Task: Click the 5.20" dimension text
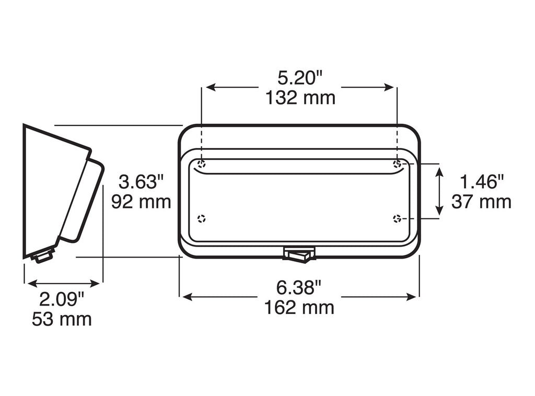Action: click(x=300, y=78)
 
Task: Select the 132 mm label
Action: click(x=300, y=98)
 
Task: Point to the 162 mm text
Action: click(x=299, y=308)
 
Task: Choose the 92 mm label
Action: click(x=141, y=202)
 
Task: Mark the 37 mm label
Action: click(x=481, y=202)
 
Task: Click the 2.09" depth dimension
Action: click(x=62, y=299)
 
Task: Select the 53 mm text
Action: click(x=62, y=320)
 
